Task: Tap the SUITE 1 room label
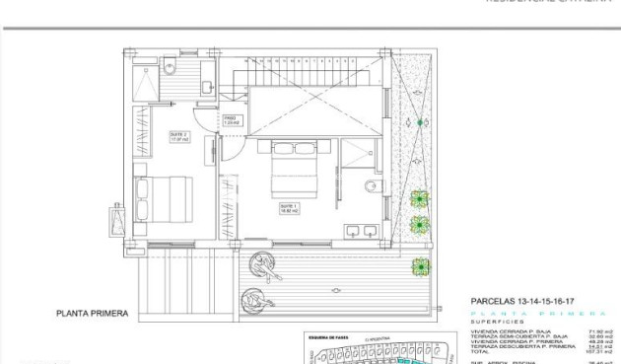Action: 290,209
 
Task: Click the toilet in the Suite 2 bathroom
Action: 170,67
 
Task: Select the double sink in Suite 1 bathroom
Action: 361,232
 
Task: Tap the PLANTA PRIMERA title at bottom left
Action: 92,313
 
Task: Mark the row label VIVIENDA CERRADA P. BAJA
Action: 508,331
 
